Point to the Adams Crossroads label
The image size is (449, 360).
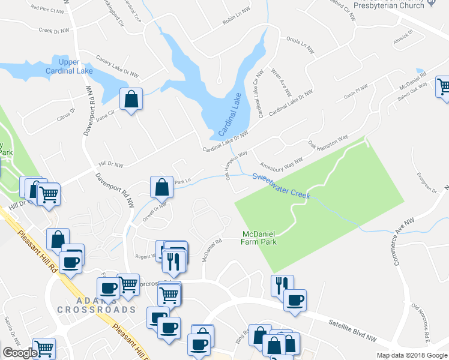pyautogui.click(x=96, y=304)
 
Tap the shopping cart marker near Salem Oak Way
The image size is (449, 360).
pyautogui.click(x=444, y=86)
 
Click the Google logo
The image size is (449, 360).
pyautogui.click(x=20, y=353)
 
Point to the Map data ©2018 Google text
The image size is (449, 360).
pyautogui.click(x=411, y=355)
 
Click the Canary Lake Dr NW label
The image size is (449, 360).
pyautogui.click(x=117, y=66)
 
